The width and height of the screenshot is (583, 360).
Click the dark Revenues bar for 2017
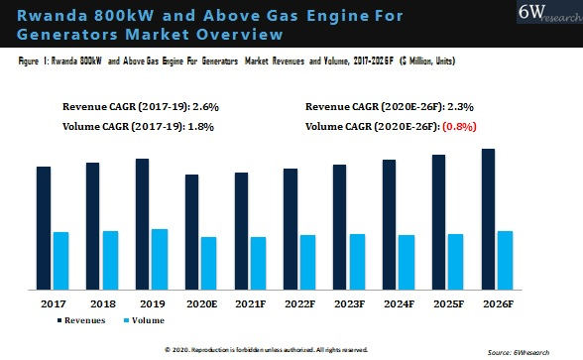click(44, 228)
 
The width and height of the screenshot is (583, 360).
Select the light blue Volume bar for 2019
click(159, 259)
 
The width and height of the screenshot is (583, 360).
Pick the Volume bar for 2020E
click(208, 263)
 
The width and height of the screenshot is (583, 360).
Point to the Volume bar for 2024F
click(407, 262)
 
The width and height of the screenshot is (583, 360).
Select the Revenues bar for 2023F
click(340, 227)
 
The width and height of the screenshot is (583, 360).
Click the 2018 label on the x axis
click(102, 302)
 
